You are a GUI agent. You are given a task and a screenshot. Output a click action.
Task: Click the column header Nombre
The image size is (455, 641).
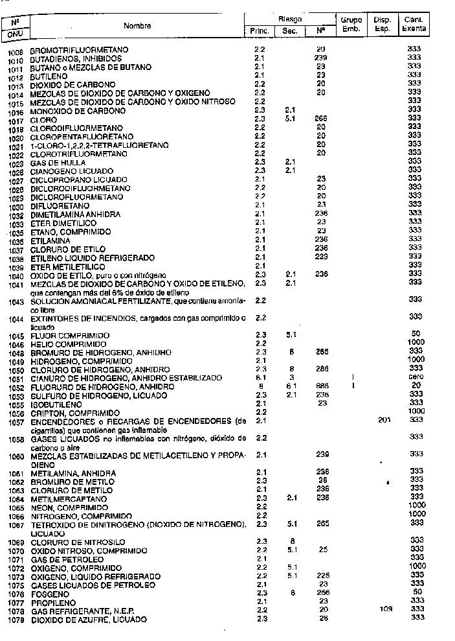[137, 26]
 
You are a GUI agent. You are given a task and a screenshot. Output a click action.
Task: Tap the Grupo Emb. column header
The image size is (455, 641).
[351, 25]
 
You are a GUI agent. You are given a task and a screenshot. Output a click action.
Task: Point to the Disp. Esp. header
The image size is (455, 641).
[382, 25]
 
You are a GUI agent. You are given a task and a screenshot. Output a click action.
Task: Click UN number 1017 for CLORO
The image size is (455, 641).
[16, 121]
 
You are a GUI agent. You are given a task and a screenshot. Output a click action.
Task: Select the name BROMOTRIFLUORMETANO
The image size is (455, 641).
[79, 50]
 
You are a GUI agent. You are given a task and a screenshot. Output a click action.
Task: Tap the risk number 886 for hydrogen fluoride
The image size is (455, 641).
[320, 386]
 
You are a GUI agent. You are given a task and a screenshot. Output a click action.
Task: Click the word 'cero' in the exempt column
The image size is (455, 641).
[416, 378]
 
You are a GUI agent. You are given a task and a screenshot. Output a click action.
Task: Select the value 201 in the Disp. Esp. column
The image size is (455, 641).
[384, 421]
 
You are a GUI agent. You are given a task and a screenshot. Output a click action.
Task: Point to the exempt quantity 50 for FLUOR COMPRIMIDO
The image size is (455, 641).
[416, 334]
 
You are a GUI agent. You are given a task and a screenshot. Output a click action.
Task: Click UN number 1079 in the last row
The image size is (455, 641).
[16, 620]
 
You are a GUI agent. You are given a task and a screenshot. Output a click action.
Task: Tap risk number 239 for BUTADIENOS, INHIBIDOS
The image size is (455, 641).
[320, 58]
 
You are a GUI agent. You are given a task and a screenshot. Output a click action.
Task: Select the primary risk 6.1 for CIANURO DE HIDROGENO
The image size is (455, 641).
[260, 378]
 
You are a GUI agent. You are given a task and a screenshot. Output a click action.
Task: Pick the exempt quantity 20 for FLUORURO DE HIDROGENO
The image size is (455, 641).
[416, 386]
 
